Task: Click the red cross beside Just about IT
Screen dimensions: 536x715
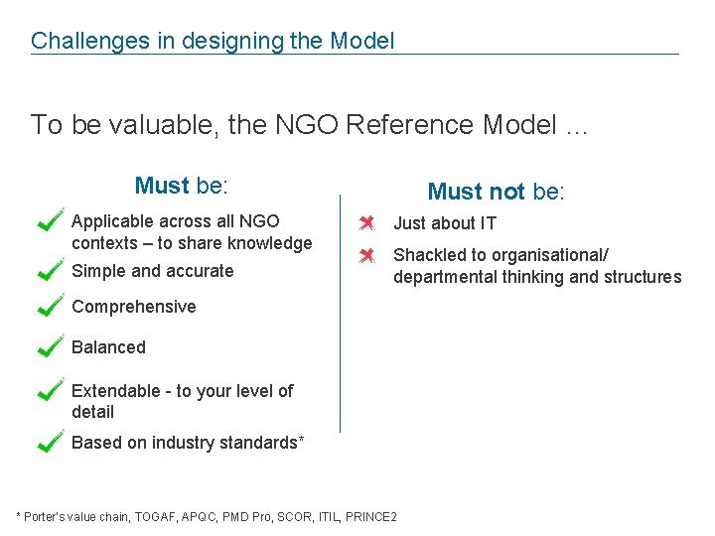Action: coord(366,222)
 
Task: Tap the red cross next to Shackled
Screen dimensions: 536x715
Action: coord(366,255)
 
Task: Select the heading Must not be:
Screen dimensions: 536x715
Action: coord(496,192)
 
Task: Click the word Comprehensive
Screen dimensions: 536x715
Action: coord(134,307)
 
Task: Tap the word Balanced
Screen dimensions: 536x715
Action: coord(108,347)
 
